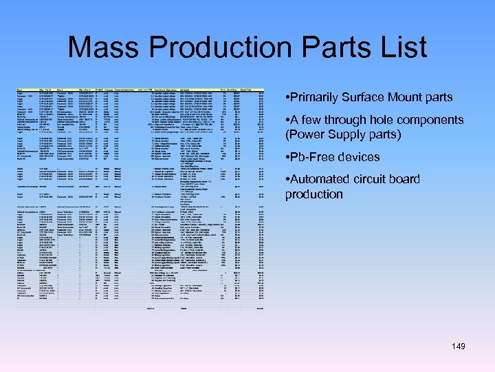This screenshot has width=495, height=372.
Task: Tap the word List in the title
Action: pos(398,47)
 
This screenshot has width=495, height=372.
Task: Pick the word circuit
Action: pos(375,180)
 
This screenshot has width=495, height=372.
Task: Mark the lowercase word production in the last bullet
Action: pos(314,194)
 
